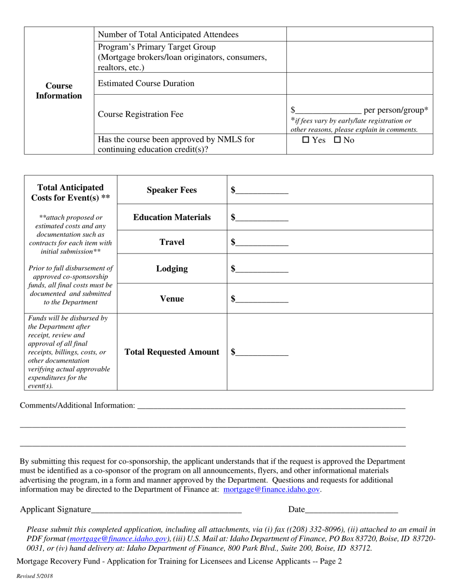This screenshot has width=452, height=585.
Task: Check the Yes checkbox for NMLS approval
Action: [306, 140]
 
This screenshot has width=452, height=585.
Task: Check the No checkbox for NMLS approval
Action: [337, 140]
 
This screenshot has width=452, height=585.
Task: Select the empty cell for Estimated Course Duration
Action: [359, 84]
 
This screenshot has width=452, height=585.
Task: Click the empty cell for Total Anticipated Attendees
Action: [359, 34]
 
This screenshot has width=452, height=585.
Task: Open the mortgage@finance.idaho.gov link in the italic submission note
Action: [118, 539]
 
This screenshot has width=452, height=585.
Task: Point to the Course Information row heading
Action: [59, 91]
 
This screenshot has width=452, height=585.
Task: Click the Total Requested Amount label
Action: [172, 352]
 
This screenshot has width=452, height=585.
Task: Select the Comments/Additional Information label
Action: [77, 405]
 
